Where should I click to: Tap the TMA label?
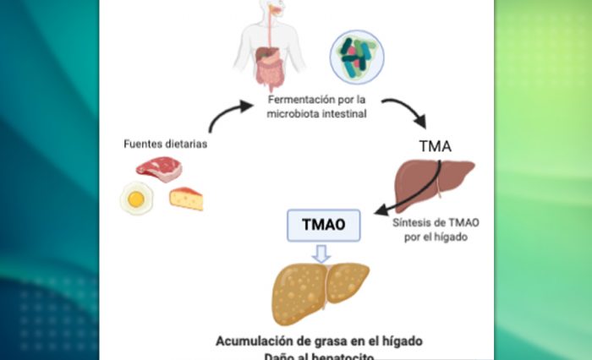(435, 145)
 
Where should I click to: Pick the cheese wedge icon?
(186, 199)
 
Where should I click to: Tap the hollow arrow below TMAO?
(319, 253)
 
